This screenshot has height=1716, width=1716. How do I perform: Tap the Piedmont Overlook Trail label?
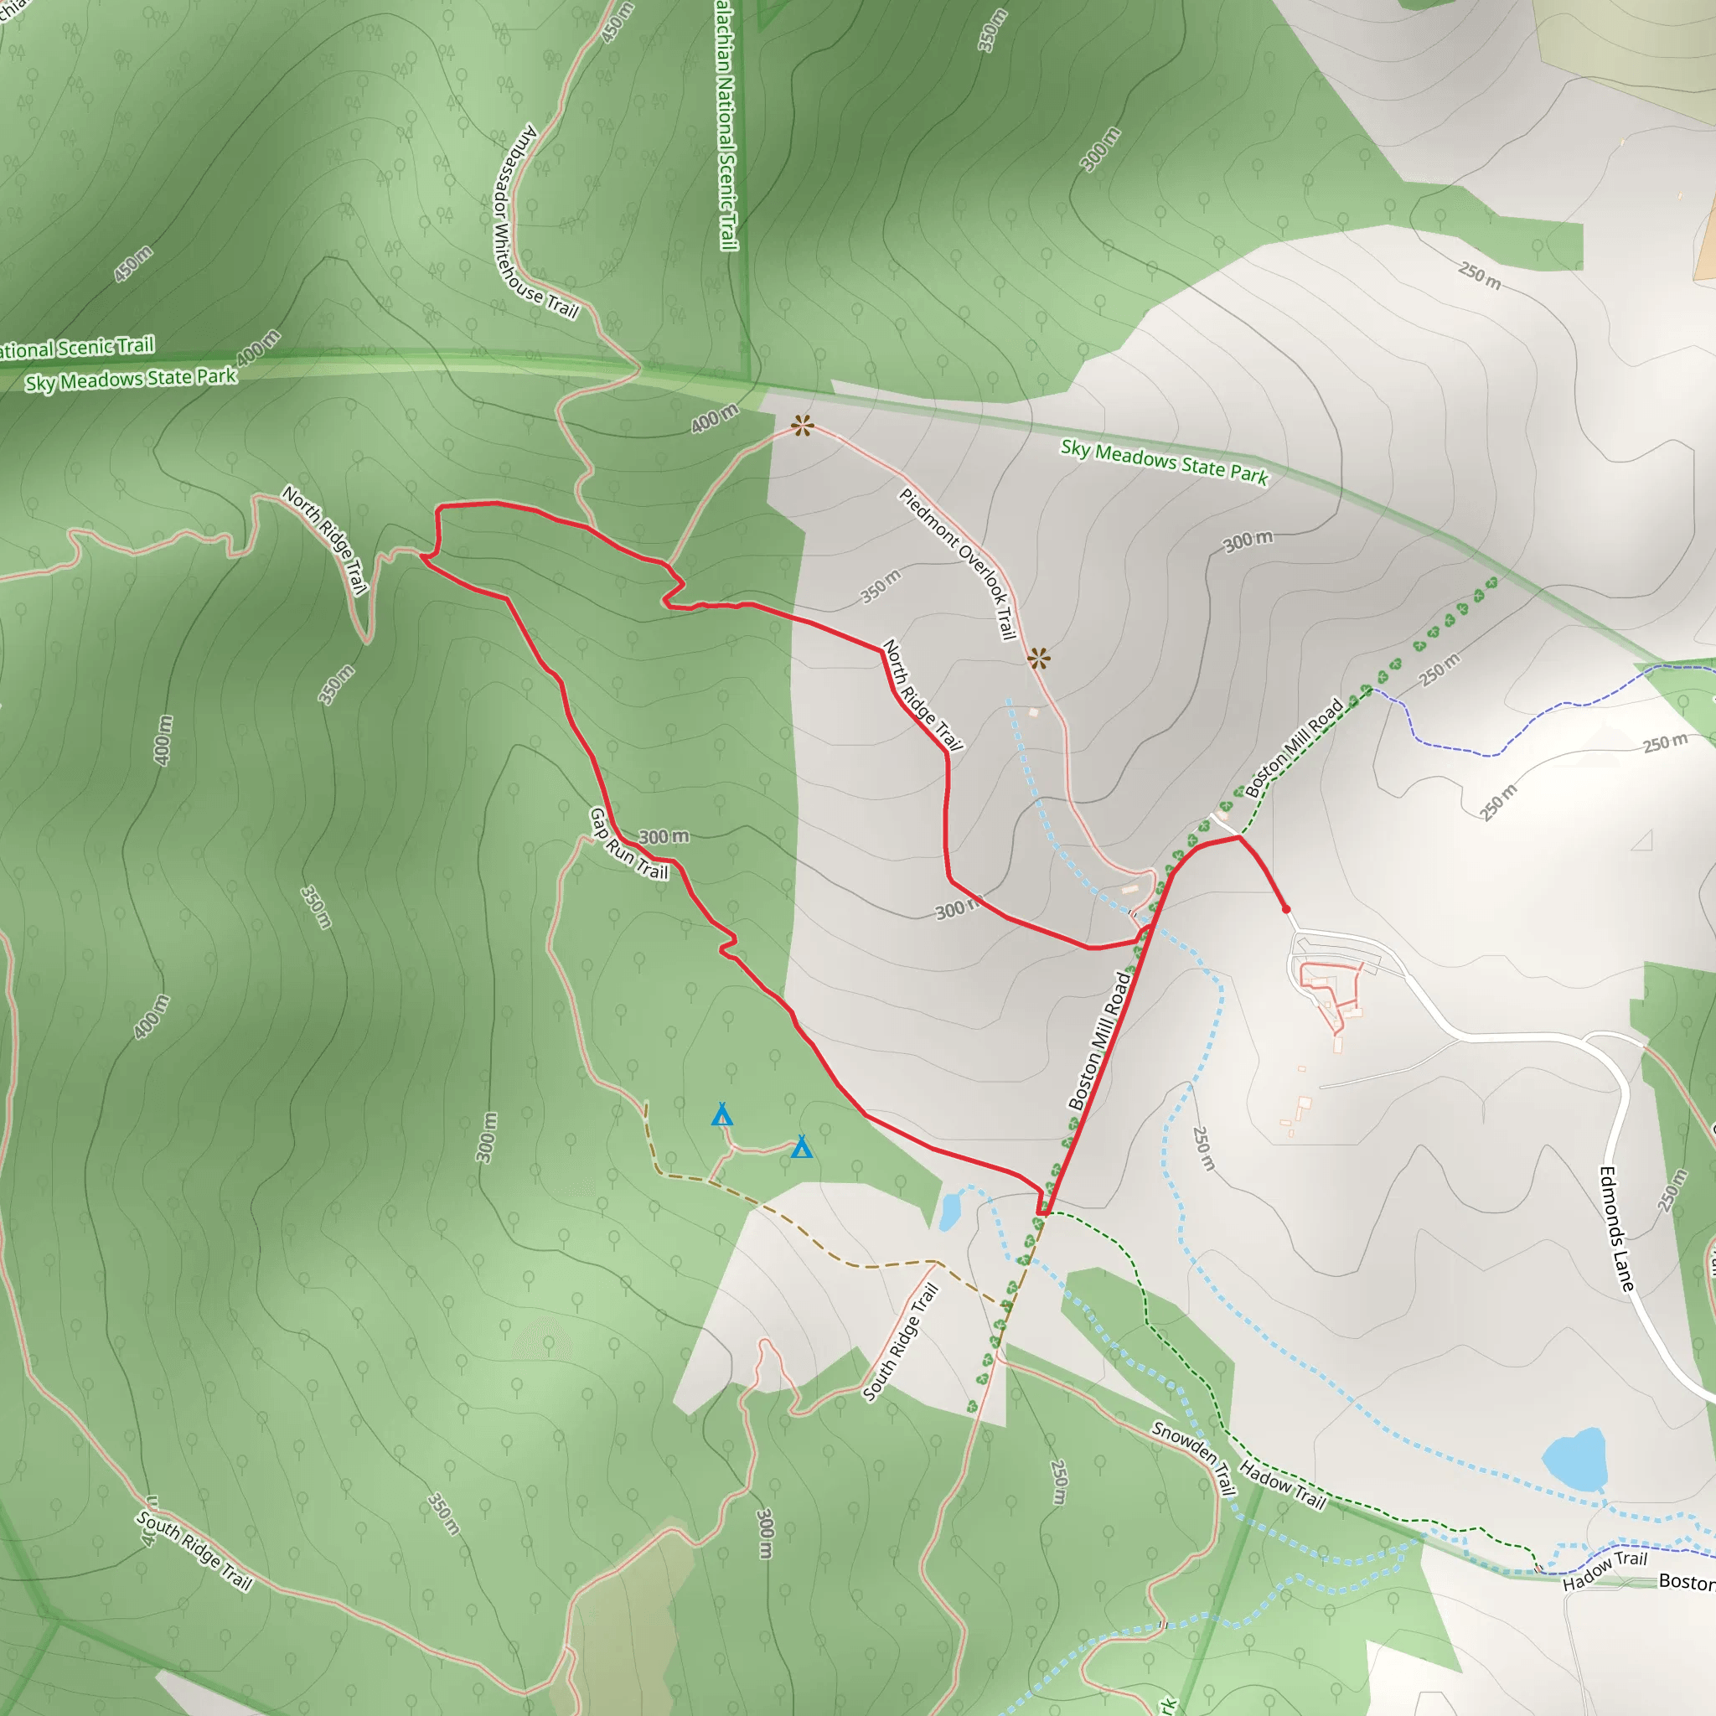[958, 563]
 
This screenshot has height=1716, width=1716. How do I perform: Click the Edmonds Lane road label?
[1616, 1229]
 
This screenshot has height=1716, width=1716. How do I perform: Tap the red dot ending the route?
[1286, 908]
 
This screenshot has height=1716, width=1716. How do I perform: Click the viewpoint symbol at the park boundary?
[802, 426]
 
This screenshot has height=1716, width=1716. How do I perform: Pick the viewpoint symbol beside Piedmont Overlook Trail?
[1038, 658]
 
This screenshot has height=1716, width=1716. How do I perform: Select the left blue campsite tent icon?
[722, 1114]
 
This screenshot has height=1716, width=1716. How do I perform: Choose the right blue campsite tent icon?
[801, 1147]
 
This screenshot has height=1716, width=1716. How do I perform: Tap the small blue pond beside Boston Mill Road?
[949, 1210]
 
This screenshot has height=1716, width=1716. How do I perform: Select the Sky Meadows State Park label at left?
[131, 380]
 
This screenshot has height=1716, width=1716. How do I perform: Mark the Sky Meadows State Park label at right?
[1165, 461]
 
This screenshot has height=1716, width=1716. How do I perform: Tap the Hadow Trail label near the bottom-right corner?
[1604, 1570]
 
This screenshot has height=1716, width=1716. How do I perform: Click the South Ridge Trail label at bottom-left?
[194, 1550]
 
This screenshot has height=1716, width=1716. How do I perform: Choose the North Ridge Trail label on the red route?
[922, 695]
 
